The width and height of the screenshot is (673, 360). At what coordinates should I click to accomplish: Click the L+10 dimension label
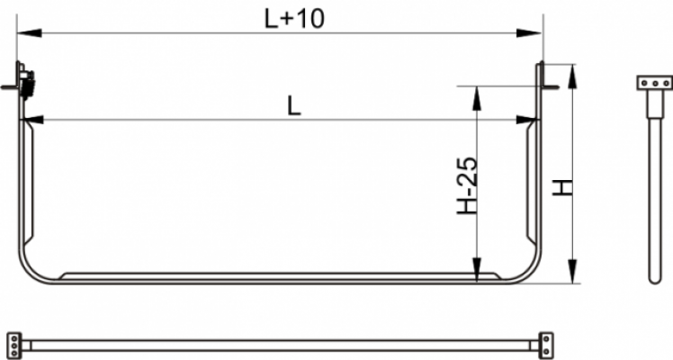[x=294, y=19]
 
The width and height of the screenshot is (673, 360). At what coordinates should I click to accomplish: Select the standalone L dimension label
[x=294, y=105]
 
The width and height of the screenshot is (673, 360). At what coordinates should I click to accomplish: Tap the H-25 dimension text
[x=467, y=185]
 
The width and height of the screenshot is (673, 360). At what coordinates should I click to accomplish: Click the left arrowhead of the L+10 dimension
[x=29, y=33]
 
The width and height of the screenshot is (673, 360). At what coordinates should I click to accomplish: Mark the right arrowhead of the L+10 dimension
[x=529, y=33]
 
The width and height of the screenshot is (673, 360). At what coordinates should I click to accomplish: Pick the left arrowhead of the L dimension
[x=33, y=120]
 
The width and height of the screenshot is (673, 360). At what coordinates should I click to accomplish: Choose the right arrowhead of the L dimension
[x=527, y=120]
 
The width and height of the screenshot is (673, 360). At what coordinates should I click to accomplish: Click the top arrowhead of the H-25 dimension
[x=477, y=98]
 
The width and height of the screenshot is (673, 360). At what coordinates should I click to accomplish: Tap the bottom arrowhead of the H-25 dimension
[x=477, y=269]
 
